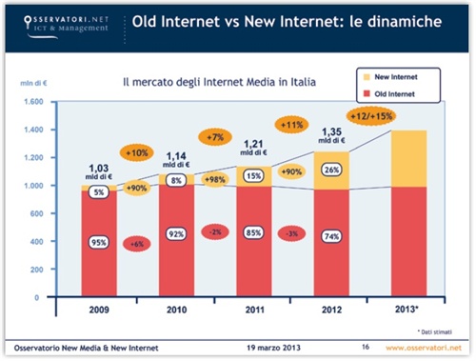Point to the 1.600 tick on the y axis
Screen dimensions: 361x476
(33, 101)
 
